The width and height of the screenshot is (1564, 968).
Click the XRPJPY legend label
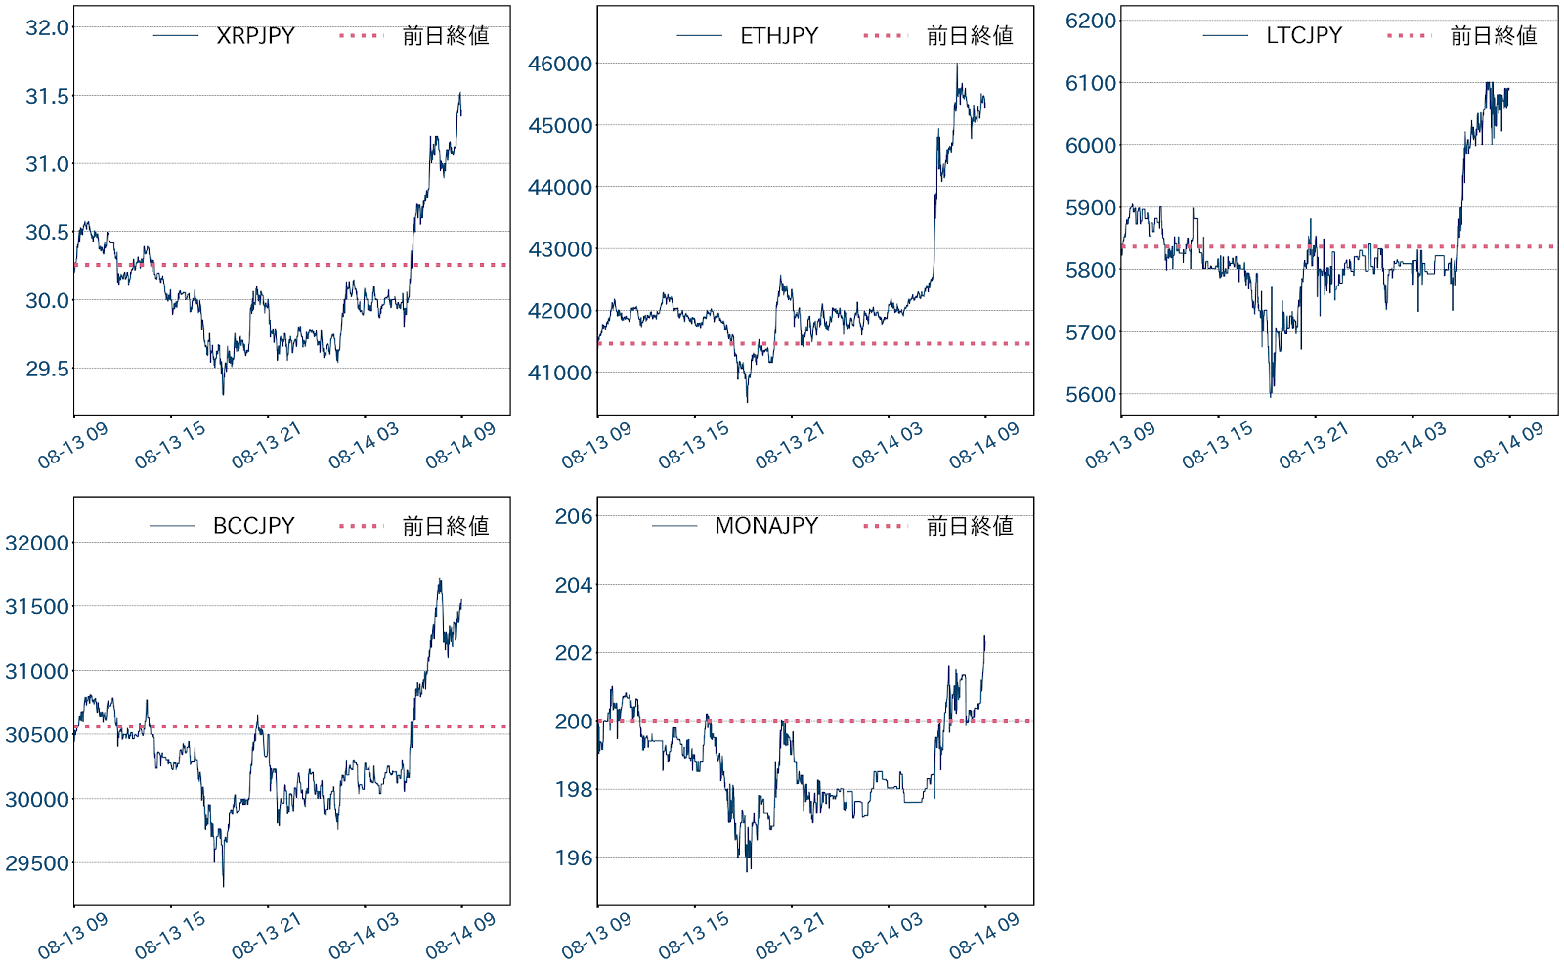(255, 36)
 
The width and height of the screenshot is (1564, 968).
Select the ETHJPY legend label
(779, 36)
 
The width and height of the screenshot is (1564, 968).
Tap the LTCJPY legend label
(1304, 36)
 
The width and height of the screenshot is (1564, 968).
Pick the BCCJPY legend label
(254, 526)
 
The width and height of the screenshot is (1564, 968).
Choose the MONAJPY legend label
(766, 526)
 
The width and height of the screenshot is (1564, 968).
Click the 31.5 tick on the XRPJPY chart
(48, 96)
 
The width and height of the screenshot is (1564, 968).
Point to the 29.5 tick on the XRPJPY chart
(48, 369)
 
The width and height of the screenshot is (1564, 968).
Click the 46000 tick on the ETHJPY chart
(560, 64)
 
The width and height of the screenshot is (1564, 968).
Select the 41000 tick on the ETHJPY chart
(560, 373)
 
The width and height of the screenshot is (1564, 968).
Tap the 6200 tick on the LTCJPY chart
(1091, 21)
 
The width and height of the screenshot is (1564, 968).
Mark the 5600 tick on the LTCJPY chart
(1091, 394)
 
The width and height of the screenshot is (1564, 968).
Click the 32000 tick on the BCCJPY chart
(37, 543)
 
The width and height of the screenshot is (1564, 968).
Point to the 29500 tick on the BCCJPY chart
(37, 863)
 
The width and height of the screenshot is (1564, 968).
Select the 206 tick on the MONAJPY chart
(574, 516)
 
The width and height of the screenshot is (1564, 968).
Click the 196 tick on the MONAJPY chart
(574, 858)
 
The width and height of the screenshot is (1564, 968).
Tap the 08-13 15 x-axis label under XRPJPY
(170, 445)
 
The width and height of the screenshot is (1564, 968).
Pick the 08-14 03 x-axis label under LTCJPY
(1412, 445)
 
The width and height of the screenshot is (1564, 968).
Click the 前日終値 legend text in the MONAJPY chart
(970, 526)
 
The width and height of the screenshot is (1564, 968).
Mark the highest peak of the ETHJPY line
(957, 65)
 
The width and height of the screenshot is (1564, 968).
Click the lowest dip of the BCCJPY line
(224, 886)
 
